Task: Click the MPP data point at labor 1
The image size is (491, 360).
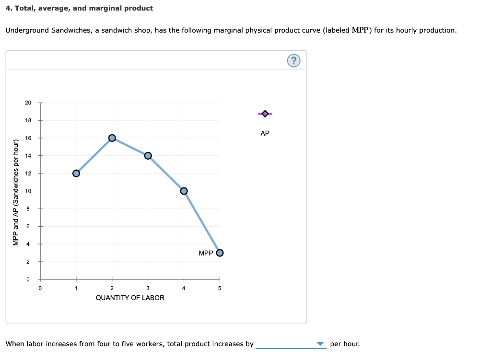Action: pyautogui.click(x=76, y=173)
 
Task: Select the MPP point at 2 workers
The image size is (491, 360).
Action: pyautogui.click(x=112, y=138)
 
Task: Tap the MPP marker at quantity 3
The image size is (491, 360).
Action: pyautogui.click(x=148, y=155)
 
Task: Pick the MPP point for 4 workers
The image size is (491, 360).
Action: pyautogui.click(x=184, y=191)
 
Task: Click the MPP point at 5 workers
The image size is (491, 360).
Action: pyautogui.click(x=220, y=253)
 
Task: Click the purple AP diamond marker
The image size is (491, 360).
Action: pyautogui.click(x=265, y=114)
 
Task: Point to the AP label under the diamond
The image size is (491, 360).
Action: pyautogui.click(x=265, y=133)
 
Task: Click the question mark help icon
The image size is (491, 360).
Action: pyautogui.click(x=294, y=60)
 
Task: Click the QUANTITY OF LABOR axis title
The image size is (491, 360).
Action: pyautogui.click(x=130, y=298)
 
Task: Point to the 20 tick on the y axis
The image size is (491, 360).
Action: pyautogui.click(x=28, y=103)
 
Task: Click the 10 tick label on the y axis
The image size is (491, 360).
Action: pyautogui.click(x=28, y=191)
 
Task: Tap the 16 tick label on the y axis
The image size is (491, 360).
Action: pyautogui.click(x=28, y=138)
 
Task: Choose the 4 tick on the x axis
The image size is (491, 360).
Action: pyautogui.click(x=184, y=288)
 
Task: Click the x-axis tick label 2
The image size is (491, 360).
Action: pyautogui.click(x=112, y=288)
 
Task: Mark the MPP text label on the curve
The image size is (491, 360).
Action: pyautogui.click(x=205, y=253)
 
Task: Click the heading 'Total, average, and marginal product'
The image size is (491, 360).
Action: pyautogui.click(x=83, y=8)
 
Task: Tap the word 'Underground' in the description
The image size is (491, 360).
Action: pyautogui.click(x=27, y=30)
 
